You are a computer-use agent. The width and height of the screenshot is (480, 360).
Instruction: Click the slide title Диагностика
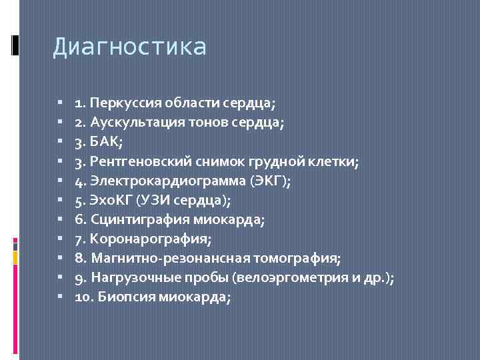[129, 47]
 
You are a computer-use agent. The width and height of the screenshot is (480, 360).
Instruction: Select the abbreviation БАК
[103, 142]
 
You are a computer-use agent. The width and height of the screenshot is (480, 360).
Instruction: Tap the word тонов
[225, 123]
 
